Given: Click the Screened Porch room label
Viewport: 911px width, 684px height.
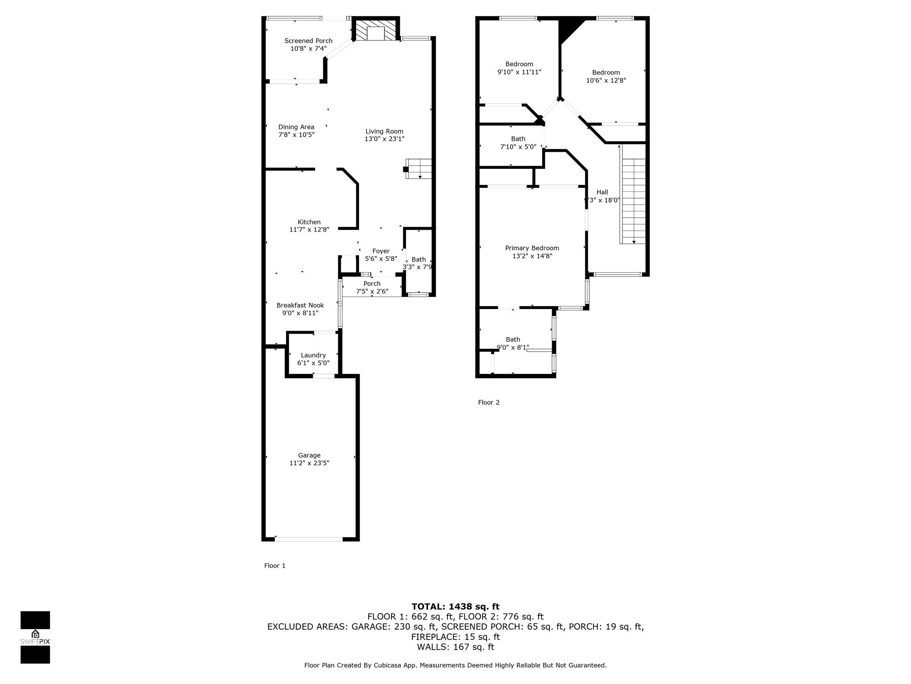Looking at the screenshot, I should point(308,41).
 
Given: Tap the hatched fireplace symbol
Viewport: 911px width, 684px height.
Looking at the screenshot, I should point(375,30).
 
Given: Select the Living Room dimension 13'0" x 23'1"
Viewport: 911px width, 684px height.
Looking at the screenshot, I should point(384,139).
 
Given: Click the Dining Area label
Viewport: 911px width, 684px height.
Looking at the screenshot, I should point(296,127).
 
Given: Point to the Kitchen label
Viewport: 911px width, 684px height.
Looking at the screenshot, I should point(309,222).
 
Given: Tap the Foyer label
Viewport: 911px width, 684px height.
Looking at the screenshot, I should point(381,251).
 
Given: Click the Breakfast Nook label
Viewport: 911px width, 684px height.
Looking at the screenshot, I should point(300,305).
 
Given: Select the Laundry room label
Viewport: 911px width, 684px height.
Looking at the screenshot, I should point(313,355).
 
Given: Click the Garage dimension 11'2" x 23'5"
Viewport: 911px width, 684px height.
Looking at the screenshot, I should point(309,463).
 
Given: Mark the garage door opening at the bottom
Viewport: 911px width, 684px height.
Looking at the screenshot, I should point(309,539).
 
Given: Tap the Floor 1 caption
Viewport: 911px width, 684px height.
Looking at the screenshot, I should point(275,566).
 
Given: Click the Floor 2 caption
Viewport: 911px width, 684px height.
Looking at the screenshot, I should point(489,402).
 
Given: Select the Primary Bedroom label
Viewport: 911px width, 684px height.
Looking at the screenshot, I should point(532,248).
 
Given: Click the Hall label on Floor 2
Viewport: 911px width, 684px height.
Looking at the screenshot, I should point(602,192).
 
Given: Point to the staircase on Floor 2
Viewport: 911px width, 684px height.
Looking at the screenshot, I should point(633,200).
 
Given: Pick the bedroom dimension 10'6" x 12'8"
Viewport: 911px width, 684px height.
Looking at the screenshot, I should point(606,81).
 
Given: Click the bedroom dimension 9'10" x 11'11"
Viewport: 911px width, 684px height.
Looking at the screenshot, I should point(519,72).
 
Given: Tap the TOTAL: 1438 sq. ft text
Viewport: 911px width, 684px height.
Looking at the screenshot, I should point(455,607).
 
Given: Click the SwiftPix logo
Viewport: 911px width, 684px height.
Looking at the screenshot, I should point(35,637).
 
